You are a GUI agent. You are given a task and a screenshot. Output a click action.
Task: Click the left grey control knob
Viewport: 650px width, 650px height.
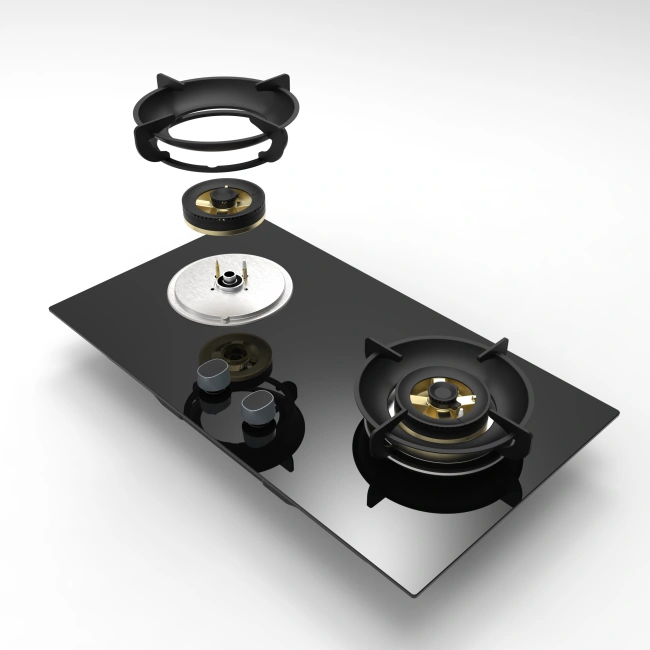pyautogui.click(x=213, y=377)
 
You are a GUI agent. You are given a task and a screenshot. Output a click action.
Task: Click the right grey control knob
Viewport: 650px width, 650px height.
pyautogui.click(x=258, y=404)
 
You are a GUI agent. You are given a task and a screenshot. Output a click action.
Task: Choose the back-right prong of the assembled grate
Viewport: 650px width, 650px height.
pyautogui.click(x=496, y=349)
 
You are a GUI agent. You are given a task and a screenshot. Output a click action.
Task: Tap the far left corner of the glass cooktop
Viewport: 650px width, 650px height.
pyautogui.click(x=52, y=309)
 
